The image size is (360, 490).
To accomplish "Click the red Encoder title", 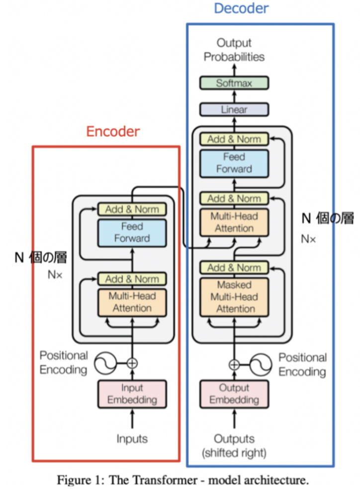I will click(x=113, y=131).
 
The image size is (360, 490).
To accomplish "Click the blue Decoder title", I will click(x=241, y=8).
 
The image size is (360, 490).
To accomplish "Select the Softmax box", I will click(x=234, y=83).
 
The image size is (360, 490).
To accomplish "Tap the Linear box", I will click(x=234, y=109).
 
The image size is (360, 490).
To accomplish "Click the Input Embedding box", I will click(x=132, y=394).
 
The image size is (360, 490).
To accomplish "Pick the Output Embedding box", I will click(x=234, y=394).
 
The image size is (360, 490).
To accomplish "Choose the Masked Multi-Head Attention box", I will click(x=234, y=297).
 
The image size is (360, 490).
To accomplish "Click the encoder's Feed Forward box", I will click(x=132, y=232).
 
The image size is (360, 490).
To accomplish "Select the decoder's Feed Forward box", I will click(x=234, y=163).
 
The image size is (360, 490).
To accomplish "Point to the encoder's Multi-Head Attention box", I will click(x=132, y=302).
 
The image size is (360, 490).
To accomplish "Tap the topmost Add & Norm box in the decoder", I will click(x=234, y=139).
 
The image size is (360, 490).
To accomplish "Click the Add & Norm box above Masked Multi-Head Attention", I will click(x=234, y=268).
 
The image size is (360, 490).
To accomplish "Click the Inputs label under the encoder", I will click(x=132, y=438).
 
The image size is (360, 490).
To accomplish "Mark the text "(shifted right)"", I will click(x=234, y=453).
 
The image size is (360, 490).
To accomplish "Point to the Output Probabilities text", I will click(x=234, y=50).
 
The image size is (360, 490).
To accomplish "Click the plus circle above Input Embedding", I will click(x=132, y=363).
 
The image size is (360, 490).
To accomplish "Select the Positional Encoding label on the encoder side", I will click(x=64, y=362).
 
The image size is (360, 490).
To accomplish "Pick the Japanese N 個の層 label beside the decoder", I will click(x=328, y=218).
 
